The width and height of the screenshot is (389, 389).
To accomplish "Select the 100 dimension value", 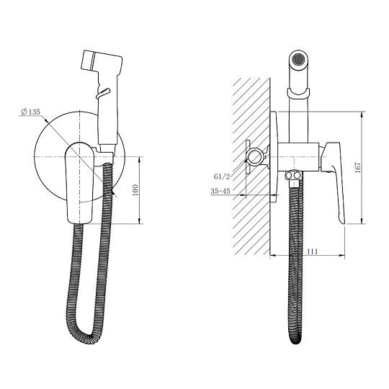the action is (x=135, y=190).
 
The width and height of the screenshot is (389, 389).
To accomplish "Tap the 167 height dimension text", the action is (x=358, y=168).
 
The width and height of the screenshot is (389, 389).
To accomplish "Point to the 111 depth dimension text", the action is (x=313, y=251).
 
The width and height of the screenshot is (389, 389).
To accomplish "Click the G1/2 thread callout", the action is (x=222, y=176).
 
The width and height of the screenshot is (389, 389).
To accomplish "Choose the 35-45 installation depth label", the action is (x=220, y=191).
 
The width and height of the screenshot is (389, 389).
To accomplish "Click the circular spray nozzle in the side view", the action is (x=298, y=60).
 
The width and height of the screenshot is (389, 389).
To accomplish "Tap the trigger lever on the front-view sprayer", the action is (x=103, y=93).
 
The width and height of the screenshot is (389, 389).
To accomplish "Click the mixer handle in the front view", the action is (x=79, y=182).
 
